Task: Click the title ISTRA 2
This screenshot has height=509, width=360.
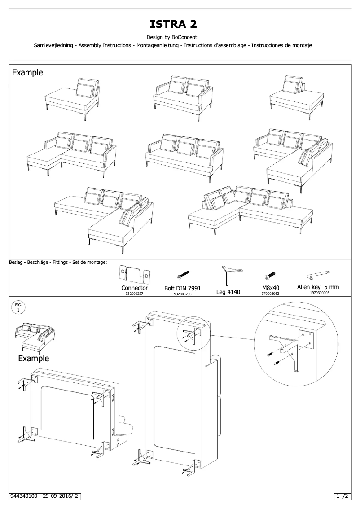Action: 180,24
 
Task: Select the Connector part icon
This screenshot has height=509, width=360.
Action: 134,273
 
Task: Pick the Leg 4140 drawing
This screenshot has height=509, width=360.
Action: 229,275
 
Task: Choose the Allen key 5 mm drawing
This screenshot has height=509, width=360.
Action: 318,274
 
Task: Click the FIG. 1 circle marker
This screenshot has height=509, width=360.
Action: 18,307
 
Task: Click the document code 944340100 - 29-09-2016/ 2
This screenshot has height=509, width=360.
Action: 45,496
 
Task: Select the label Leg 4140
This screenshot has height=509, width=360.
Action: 228,292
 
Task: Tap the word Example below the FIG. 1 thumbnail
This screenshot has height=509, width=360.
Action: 34,358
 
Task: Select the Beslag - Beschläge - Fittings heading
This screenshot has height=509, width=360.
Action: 57,262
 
